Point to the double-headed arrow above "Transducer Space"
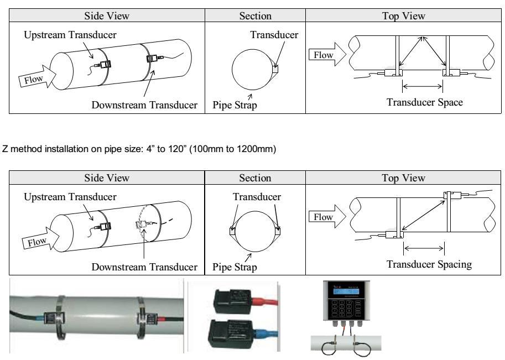coord(423,86)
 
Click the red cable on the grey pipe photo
coord(164,320)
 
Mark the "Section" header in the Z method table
coord(254,178)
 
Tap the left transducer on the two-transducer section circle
coord(232,231)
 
